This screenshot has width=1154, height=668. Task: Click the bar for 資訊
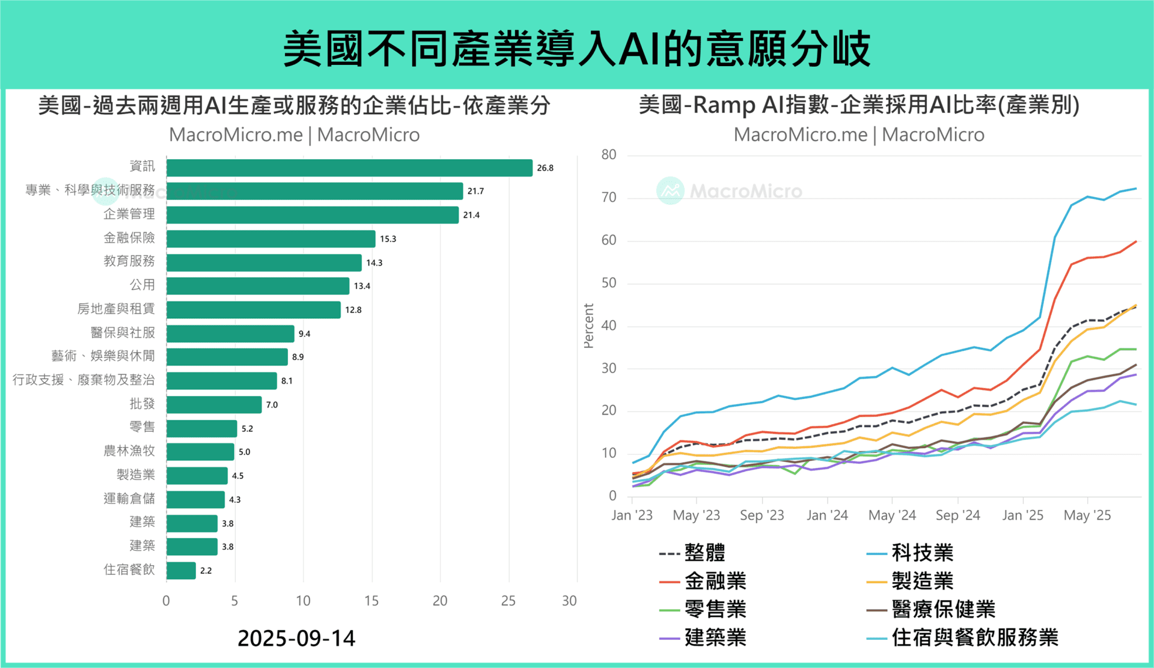[349, 168]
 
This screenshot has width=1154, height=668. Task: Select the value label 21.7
[475, 191]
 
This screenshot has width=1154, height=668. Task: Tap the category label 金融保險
[129, 238]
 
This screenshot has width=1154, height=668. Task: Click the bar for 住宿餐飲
[181, 570]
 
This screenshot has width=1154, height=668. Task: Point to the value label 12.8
[353, 310]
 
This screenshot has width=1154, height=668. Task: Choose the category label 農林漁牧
[129, 451]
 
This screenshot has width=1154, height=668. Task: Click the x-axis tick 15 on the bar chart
[371, 601]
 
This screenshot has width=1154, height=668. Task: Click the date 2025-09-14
[296, 638]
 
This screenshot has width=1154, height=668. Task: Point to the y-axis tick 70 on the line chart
[609, 198]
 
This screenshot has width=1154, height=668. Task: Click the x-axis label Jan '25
[1022, 515]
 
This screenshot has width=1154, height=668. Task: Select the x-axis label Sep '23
[762, 515]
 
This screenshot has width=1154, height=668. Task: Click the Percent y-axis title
[588, 326]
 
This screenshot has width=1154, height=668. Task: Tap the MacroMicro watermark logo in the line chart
[671, 191]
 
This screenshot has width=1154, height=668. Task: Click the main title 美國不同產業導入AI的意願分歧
[576, 48]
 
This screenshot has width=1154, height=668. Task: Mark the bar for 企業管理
[312, 215]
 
